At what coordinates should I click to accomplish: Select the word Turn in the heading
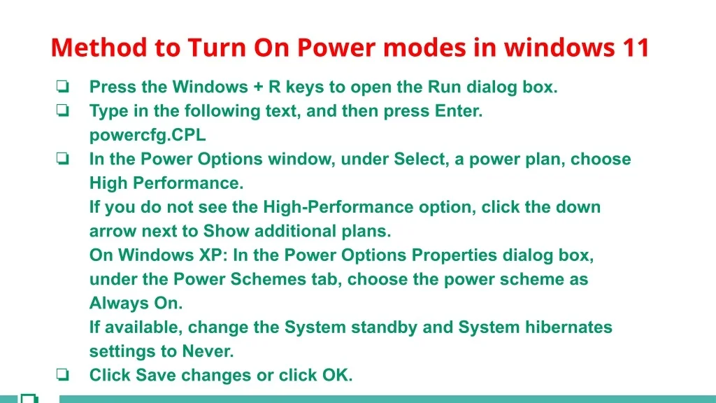click(217, 48)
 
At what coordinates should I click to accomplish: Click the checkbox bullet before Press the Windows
click(62, 86)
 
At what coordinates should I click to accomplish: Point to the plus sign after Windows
click(259, 87)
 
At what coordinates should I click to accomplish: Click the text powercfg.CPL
click(148, 135)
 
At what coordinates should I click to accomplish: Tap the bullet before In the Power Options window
click(62, 158)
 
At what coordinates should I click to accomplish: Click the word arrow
click(113, 232)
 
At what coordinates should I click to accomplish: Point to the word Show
click(226, 231)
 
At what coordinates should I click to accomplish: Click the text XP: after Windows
click(214, 255)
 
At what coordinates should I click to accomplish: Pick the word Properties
click(454, 255)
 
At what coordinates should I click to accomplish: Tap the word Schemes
click(268, 279)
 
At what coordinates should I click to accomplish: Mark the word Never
click(208, 351)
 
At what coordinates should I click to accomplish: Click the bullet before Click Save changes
click(62, 374)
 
